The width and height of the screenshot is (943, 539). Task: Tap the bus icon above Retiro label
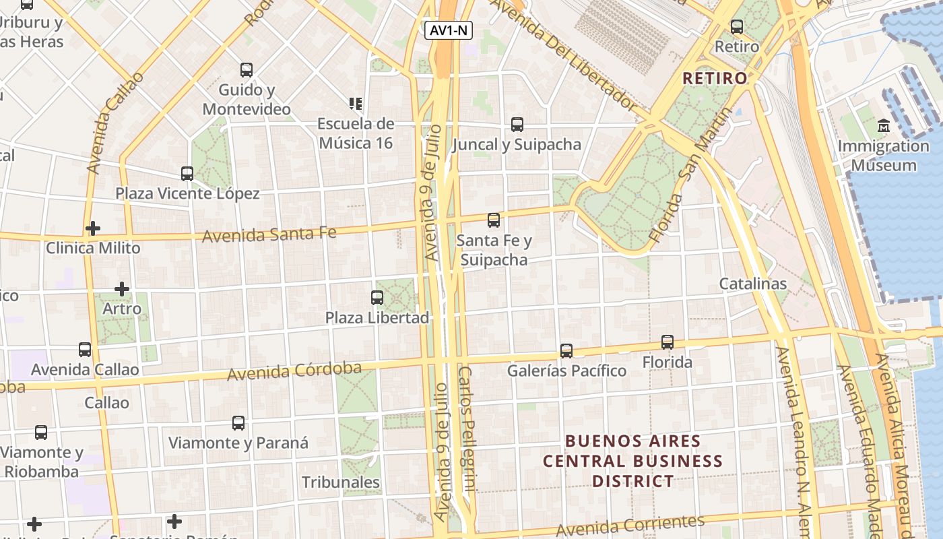[737, 27]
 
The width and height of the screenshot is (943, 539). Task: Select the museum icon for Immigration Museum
[884, 126]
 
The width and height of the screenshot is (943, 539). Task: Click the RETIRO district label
[715, 78]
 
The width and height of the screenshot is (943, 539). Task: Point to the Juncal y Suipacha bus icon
[517, 124]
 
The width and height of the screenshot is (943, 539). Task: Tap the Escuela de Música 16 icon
[356, 103]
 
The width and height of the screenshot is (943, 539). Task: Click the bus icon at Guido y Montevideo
[247, 69]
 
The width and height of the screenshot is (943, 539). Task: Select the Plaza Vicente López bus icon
[187, 173]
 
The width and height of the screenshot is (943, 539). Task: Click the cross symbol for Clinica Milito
[93, 228]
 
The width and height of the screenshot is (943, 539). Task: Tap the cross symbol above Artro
[122, 289]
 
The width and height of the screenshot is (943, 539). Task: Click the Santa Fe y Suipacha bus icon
[494, 220]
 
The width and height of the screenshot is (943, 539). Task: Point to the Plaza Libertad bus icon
[377, 297]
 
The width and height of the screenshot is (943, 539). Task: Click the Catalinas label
[752, 284]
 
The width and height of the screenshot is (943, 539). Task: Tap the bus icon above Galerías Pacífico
[566, 350]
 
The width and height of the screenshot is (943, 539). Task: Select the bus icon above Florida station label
[668, 342]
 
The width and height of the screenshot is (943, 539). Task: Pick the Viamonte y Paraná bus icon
[238, 423]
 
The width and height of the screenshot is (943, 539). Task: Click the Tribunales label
[341, 482]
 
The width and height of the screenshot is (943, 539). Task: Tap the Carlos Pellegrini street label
[467, 429]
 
